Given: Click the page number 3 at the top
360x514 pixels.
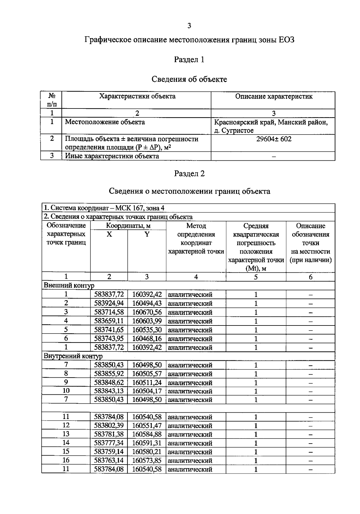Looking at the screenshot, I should click(189, 26).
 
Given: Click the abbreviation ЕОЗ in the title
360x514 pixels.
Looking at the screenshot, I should click(286, 40).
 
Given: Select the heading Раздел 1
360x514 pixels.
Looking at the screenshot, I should click(189, 60).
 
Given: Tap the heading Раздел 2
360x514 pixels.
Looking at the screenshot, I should click(189, 174).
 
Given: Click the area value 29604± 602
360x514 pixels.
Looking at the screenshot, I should click(274, 139).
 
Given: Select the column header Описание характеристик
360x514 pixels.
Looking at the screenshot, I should click(274, 97).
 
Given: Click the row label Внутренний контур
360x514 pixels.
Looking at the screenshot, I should click(73, 356).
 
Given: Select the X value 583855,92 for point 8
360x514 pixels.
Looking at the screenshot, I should click(109, 374).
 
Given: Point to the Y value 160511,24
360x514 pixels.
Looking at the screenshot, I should click(147, 382).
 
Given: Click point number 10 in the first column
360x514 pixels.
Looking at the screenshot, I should click(66, 391).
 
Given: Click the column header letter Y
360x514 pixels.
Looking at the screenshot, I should click(147, 234).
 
